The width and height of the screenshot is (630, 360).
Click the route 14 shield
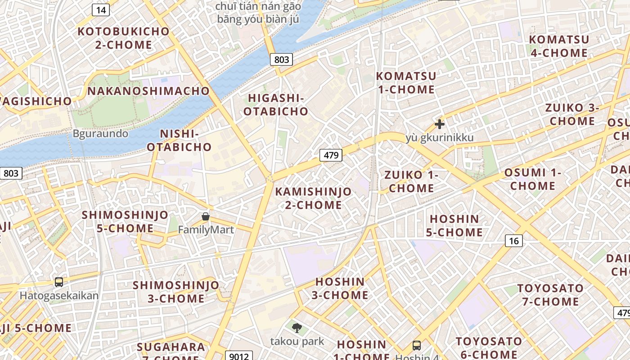[x=101, y=10]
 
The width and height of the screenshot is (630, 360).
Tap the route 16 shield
[x=514, y=241]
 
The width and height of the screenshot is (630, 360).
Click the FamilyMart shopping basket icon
[x=206, y=216]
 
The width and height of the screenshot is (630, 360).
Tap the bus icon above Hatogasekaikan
[x=59, y=282]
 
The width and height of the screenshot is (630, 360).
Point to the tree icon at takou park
[x=297, y=328]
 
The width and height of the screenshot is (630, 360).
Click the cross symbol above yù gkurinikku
[x=440, y=124]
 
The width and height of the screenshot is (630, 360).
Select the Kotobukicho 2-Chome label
[x=123, y=38]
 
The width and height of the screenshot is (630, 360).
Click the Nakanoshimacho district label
[x=148, y=91]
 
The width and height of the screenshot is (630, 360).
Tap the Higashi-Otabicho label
[x=276, y=104]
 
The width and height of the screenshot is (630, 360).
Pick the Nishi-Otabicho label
[x=179, y=140]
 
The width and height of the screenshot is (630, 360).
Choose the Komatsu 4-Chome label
[x=559, y=46]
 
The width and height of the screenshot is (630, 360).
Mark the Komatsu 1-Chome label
[x=406, y=83]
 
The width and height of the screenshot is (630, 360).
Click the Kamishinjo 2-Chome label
[x=314, y=198]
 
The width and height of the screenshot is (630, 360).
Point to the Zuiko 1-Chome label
[x=411, y=181]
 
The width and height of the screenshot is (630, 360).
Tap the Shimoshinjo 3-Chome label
[x=176, y=292]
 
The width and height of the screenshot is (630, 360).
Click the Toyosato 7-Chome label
[x=550, y=295]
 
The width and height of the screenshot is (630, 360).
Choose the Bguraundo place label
[x=100, y=134]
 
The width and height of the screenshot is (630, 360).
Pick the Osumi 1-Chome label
[x=533, y=179]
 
